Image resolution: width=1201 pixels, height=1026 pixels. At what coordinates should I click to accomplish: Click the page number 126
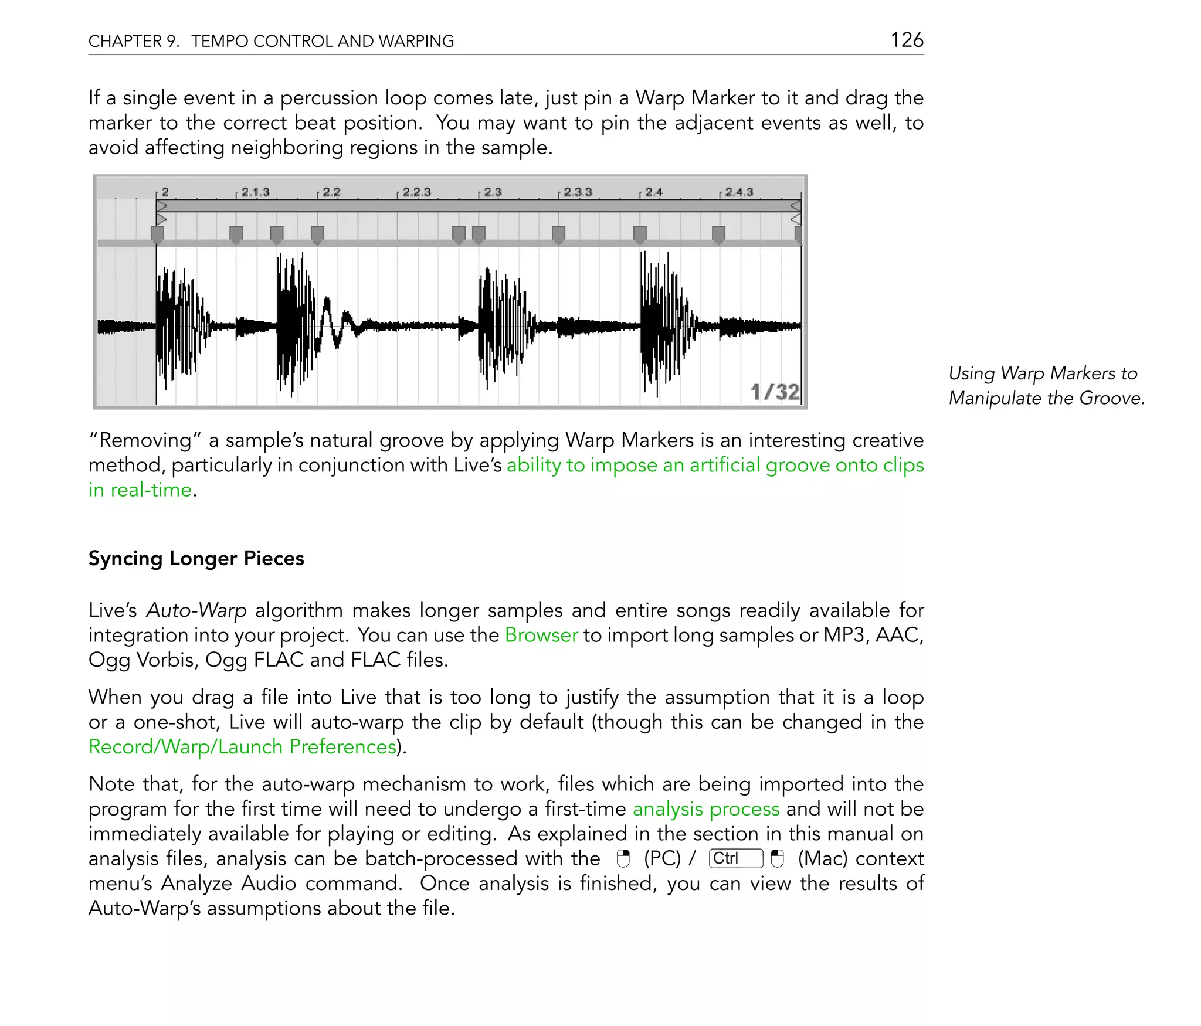(x=907, y=40)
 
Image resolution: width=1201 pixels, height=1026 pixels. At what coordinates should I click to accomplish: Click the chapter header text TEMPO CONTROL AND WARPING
(x=323, y=41)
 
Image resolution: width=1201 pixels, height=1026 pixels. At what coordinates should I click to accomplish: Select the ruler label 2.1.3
(x=255, y=192)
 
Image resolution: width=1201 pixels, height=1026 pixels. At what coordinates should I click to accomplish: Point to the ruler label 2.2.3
(x=416, y=192)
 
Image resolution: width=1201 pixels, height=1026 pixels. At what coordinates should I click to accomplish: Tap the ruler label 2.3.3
(x=578, y=192)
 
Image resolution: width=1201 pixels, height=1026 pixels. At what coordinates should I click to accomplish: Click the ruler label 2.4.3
(x=739, y=192)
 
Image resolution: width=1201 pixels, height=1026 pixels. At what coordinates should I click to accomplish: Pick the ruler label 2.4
(x=654, y=192)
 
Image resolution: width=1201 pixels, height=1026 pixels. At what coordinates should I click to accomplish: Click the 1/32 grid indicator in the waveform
(x=775, y=392)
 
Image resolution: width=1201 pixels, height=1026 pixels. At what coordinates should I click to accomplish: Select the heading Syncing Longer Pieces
(x=196, y=558)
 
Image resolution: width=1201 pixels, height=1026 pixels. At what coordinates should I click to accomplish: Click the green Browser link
(x=541, y=635)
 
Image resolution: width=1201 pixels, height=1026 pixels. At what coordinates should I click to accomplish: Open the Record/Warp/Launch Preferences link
(x=243, y=746)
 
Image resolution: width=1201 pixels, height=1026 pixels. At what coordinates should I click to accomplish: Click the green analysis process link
(x=706, y=808)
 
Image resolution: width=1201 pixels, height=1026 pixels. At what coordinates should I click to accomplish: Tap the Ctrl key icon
(x=735, y=858)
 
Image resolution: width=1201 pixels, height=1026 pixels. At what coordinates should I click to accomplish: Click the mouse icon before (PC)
(x=623, y=859)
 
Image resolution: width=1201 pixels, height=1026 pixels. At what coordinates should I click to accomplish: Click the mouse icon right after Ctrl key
(x=777, y=859)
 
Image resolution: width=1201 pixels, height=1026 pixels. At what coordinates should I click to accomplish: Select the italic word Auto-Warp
(x=196, y=610)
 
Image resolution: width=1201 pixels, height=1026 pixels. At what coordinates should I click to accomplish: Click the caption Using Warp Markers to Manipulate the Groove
(x=1046, y=385)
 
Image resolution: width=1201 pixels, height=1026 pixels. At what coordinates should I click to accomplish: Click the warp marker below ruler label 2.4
(x=640, y=235)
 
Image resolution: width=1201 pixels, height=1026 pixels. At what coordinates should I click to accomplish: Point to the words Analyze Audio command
(x=281, y=883)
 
